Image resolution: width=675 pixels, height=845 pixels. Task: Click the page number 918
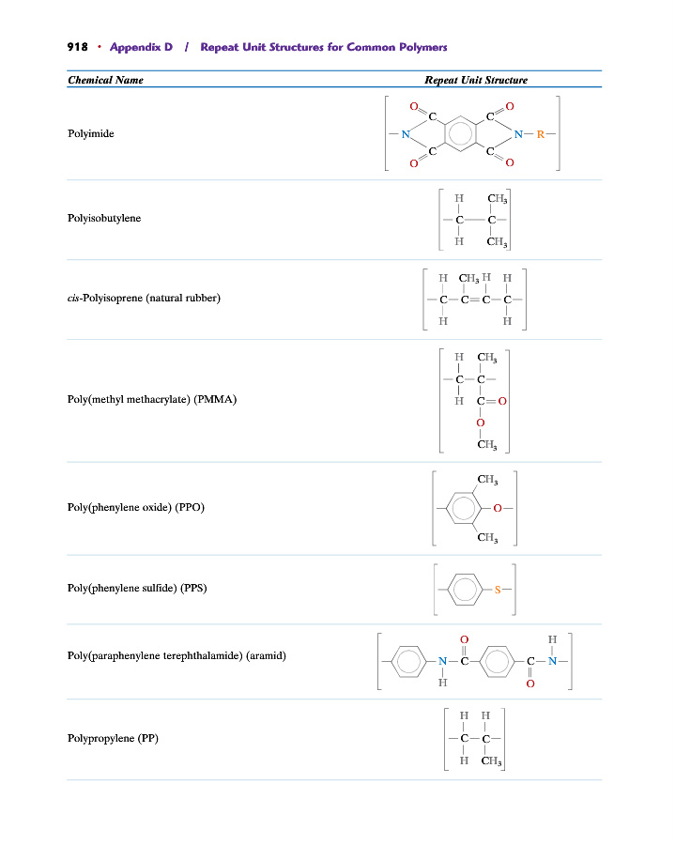(77, 47)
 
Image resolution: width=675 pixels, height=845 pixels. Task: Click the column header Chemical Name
(105, 80)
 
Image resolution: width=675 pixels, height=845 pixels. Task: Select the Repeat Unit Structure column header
(476, 80)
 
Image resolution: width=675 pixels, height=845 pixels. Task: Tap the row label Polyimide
(91, 133)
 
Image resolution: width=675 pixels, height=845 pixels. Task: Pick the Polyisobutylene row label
(104, 218)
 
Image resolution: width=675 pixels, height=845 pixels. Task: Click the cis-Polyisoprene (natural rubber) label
(144, 298)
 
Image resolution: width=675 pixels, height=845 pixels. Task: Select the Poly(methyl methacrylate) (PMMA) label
(152, 399)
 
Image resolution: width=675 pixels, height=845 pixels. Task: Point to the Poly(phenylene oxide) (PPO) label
(136, 507)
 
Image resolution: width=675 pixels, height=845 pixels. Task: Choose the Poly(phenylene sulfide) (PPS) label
(137, 588)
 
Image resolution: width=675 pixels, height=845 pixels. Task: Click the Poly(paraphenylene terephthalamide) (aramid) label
(176, 656)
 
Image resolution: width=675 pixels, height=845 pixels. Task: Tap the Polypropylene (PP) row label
(113, 738)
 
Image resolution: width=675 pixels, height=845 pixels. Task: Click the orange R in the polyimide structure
(541, 134)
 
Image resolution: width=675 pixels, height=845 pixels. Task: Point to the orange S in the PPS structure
(498, 590)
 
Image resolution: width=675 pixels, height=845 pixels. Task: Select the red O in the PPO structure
(498, 508)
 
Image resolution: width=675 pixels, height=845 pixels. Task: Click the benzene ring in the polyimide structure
(461, 133)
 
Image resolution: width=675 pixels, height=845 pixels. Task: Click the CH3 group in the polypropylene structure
(491, 760)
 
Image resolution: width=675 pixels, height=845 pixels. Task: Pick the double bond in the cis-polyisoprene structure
(475, 300)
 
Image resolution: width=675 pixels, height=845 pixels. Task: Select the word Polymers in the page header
(422, 47)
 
